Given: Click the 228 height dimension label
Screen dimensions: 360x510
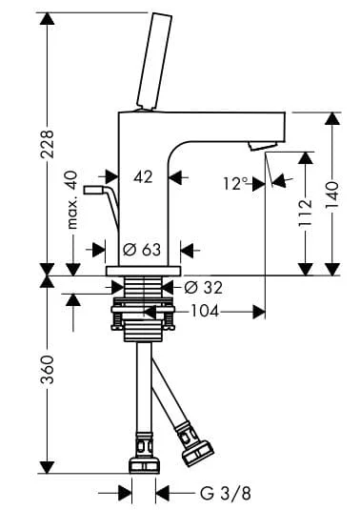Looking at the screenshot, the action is (47, 144).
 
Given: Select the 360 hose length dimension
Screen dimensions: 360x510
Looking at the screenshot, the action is (47, 370).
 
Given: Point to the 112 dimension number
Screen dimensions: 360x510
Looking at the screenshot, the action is (306, 213).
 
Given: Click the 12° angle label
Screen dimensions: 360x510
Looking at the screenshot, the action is (235, 184).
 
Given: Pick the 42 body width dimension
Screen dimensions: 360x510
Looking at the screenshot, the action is (143, 177).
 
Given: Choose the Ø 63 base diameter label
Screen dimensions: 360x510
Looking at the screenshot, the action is (142, 250).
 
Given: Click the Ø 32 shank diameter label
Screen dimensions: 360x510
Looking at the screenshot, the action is (204, 288).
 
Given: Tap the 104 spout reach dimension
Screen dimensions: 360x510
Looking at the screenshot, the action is (205, 312).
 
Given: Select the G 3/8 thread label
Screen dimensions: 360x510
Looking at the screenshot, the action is (225, 494).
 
